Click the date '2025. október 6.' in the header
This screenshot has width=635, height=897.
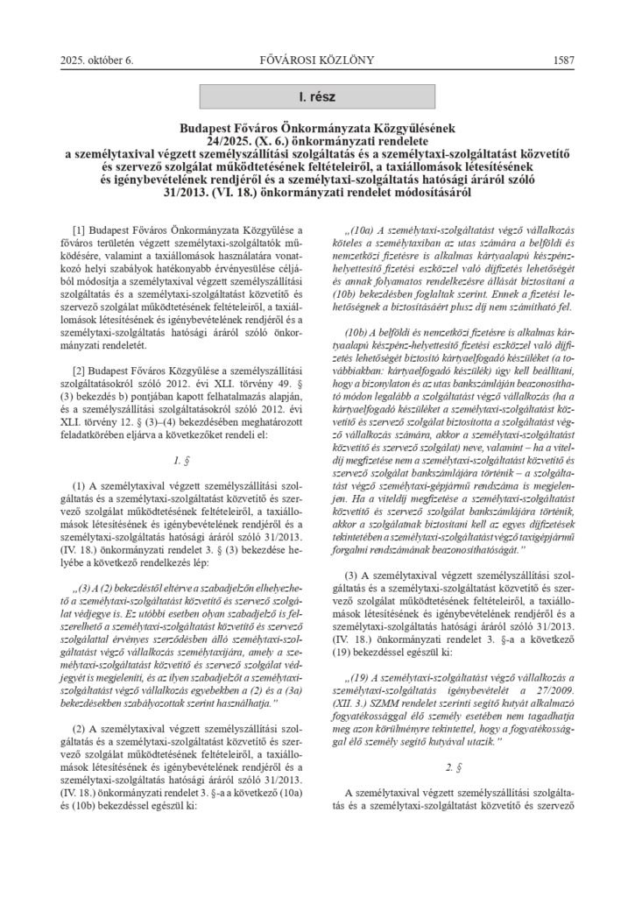[95, 60]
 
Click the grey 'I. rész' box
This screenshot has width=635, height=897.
[317, 93]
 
